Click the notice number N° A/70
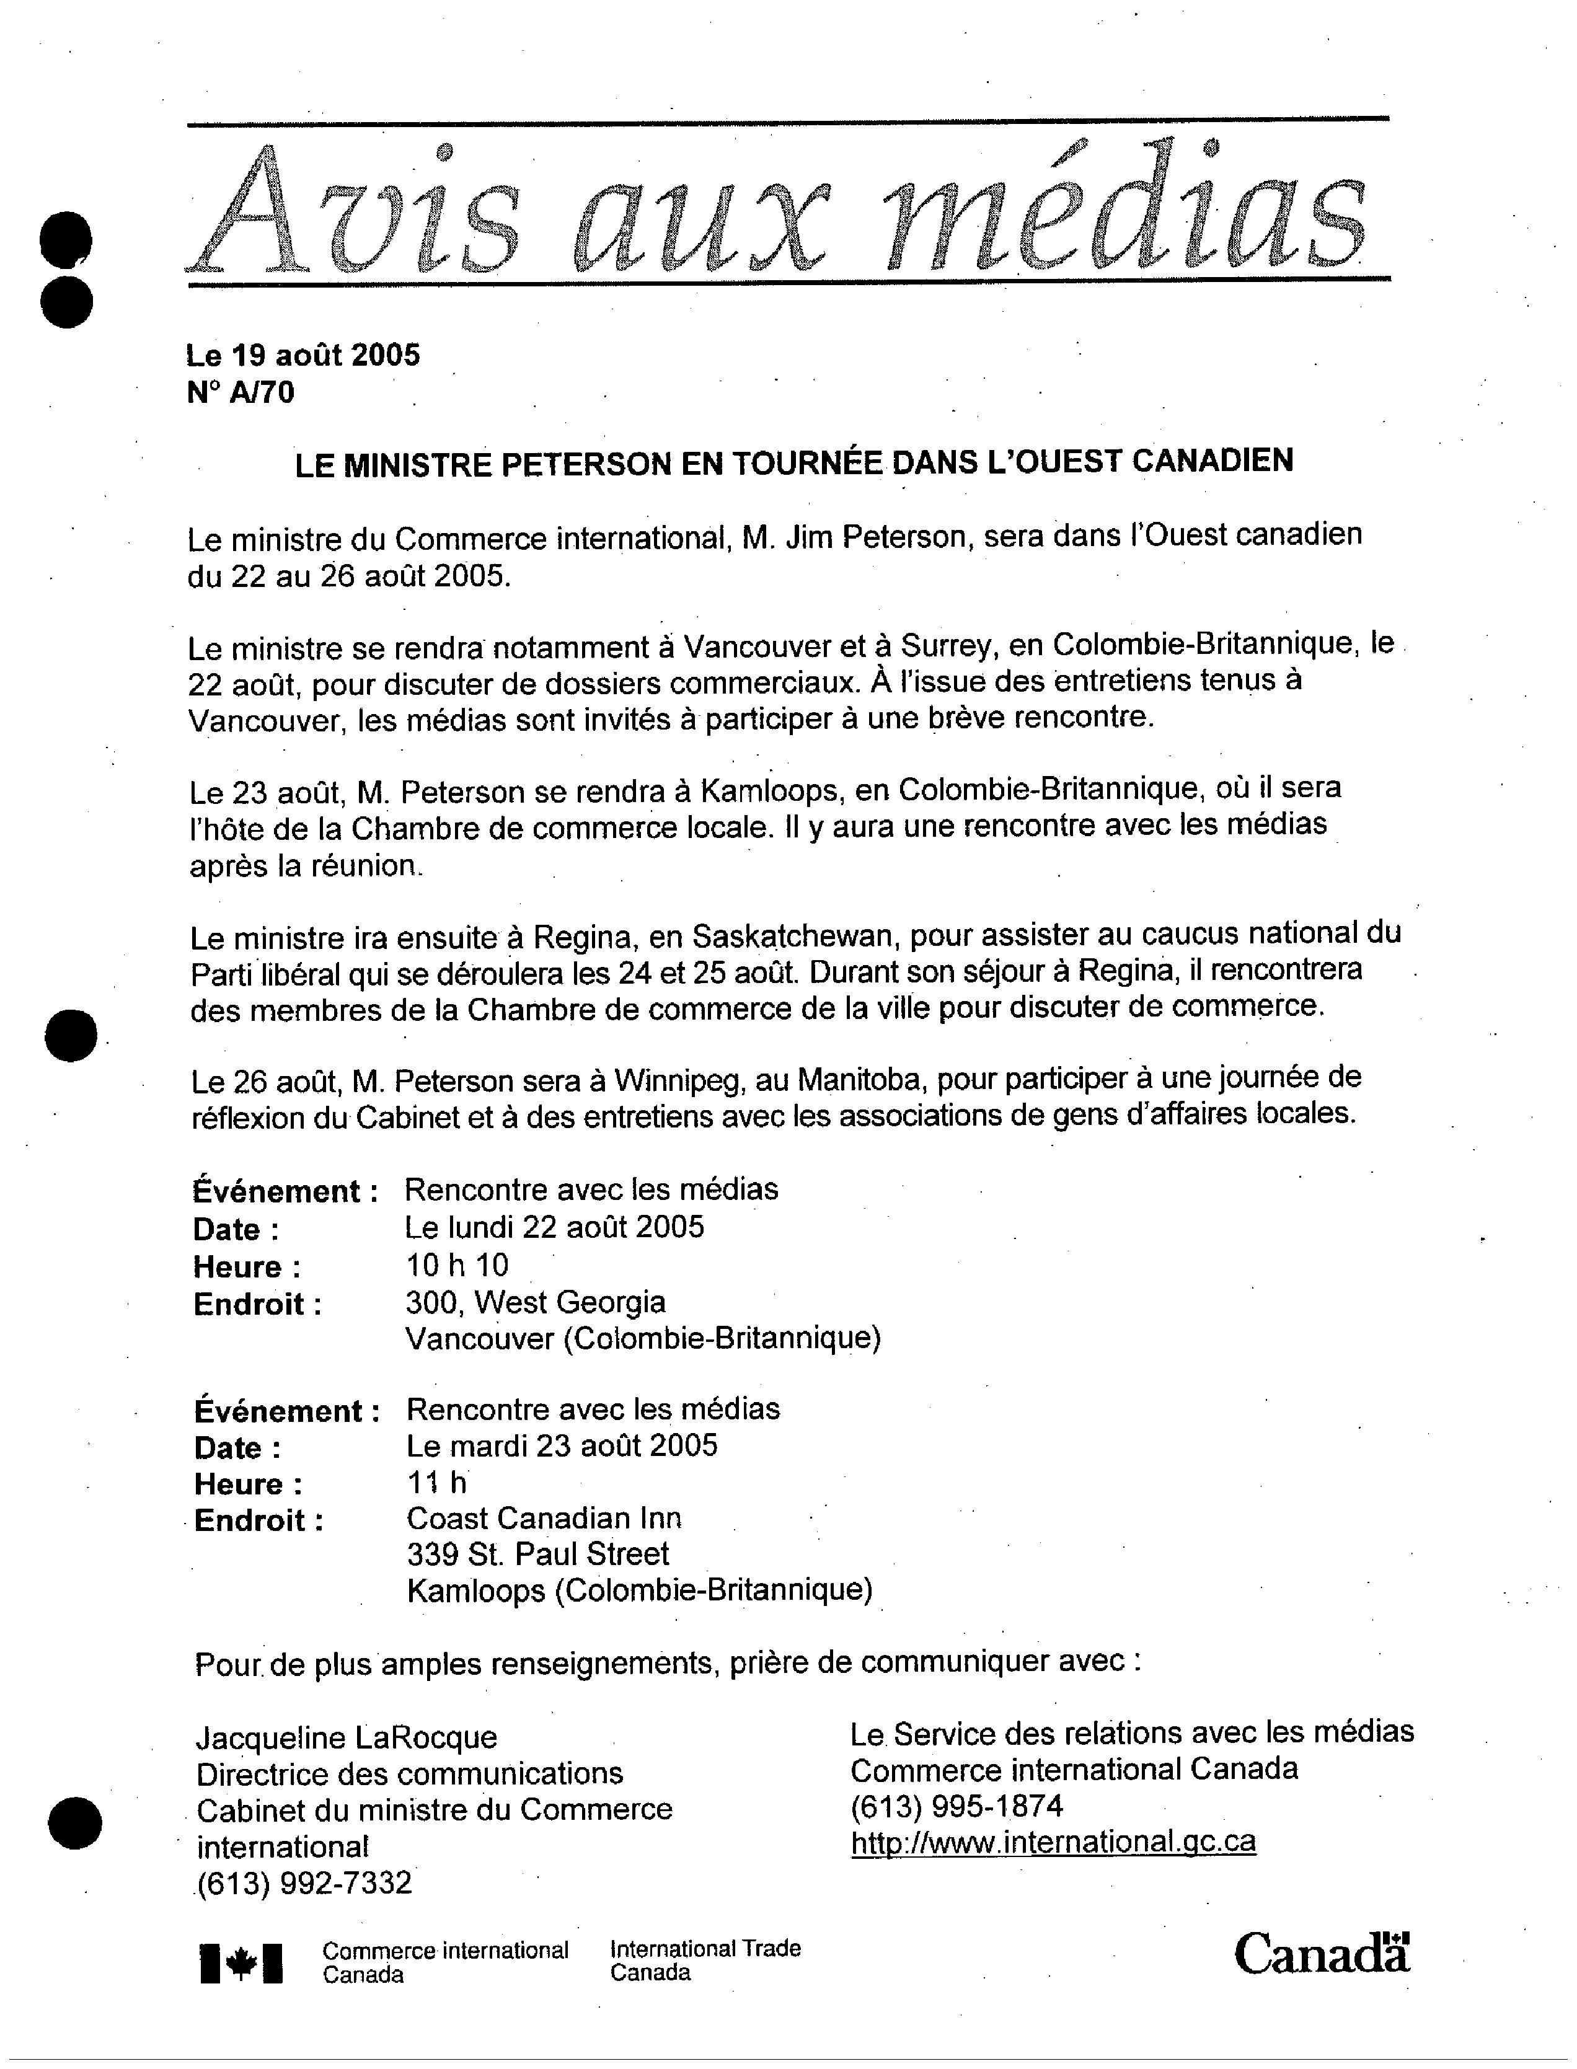click(241, 392)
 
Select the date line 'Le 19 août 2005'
click(303, 355)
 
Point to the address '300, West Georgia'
click(535, 1302)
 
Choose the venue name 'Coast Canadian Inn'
click(544, 1518)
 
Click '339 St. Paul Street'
click(538, 1554)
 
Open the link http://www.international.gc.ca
click(1053, 1842)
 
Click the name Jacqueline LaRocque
click(347, 1737)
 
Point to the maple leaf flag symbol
click(241, 1963)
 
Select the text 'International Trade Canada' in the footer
click(705, 1960)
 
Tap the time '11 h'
click(436, 1482)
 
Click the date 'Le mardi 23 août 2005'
click(562, 1445)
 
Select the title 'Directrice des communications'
click(409, 1773)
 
